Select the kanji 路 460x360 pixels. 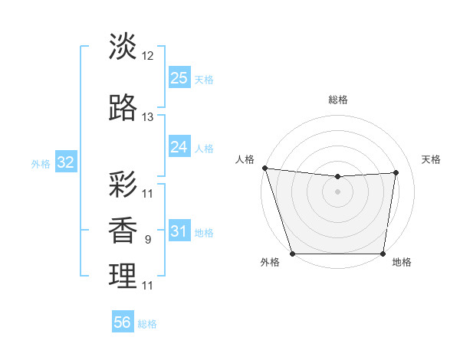[x=123, y=108]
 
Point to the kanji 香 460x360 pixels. [x=123, y=230]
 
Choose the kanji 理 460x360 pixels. [x=123, y=276]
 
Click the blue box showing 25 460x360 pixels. [x=179, y=77]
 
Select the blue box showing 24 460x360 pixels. [x=179, y=146]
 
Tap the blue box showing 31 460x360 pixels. [x=179, y=231]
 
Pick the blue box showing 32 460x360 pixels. [x=66, y=162]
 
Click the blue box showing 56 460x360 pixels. [x=123, y=322]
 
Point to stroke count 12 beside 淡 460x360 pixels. [x=148, y=56]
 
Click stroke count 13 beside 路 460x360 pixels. [x=148, y=117]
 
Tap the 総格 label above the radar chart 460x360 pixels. [x=337, y=100]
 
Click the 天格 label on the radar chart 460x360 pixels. [x=431, y=159]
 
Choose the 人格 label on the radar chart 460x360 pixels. [x=245, y=159]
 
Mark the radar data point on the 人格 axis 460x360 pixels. [x=264, y=168]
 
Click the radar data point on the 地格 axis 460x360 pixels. [x=383, y=254]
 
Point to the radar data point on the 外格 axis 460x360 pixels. [x=292, y=254]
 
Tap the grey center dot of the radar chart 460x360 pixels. [x=337, y=191]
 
